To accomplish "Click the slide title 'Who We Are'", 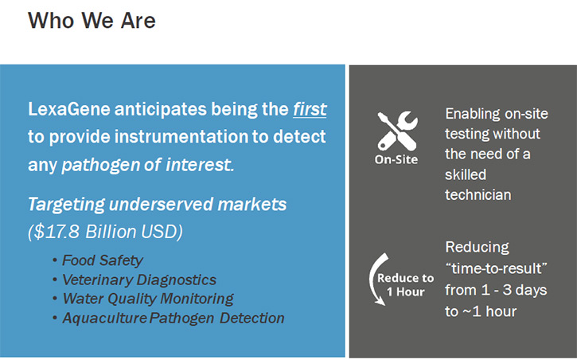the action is click(x=92, y=20).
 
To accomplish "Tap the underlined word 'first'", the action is click(x=310, y=109).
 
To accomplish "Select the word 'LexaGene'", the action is click(x=69, y=109).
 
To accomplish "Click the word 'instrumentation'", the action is click(x=181, y=136).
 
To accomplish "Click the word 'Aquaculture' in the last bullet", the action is click(x=104, y=318).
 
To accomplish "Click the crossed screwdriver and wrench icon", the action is click(x=397, y=131).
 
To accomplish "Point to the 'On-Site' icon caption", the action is click(x=396, y=159).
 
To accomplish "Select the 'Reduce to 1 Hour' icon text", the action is click(x=406, y=285).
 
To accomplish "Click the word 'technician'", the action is click(x=478, y=194).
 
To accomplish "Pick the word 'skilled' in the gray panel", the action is click(x=466, y=174).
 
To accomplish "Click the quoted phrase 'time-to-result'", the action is click(x=496, y=268).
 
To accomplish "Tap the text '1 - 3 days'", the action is click(x=514, y=290).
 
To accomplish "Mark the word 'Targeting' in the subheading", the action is click(x=66, y=205).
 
